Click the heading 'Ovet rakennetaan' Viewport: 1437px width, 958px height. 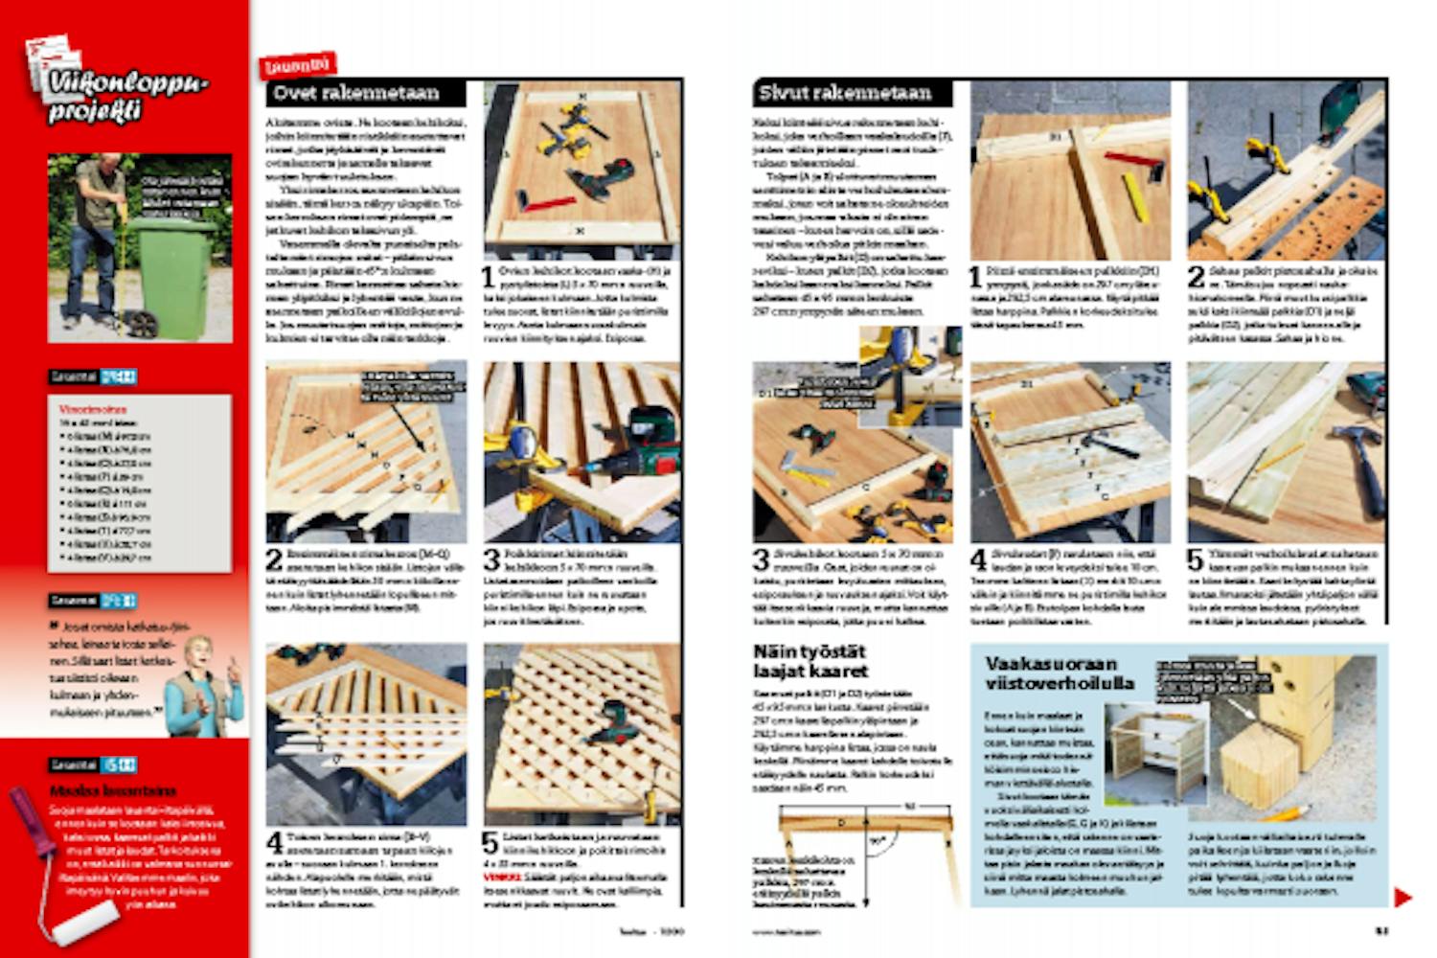356,93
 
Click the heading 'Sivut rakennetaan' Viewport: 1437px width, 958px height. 845,93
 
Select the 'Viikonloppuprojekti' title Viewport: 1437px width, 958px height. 125,95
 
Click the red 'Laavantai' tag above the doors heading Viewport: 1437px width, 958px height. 299,65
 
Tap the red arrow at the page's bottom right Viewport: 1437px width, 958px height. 1403,898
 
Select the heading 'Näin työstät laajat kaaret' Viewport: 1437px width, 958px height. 810,661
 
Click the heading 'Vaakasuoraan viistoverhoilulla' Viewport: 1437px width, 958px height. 1058,673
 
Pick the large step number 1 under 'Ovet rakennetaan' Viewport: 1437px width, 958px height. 488,278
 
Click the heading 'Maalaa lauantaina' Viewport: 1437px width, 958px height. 113,791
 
